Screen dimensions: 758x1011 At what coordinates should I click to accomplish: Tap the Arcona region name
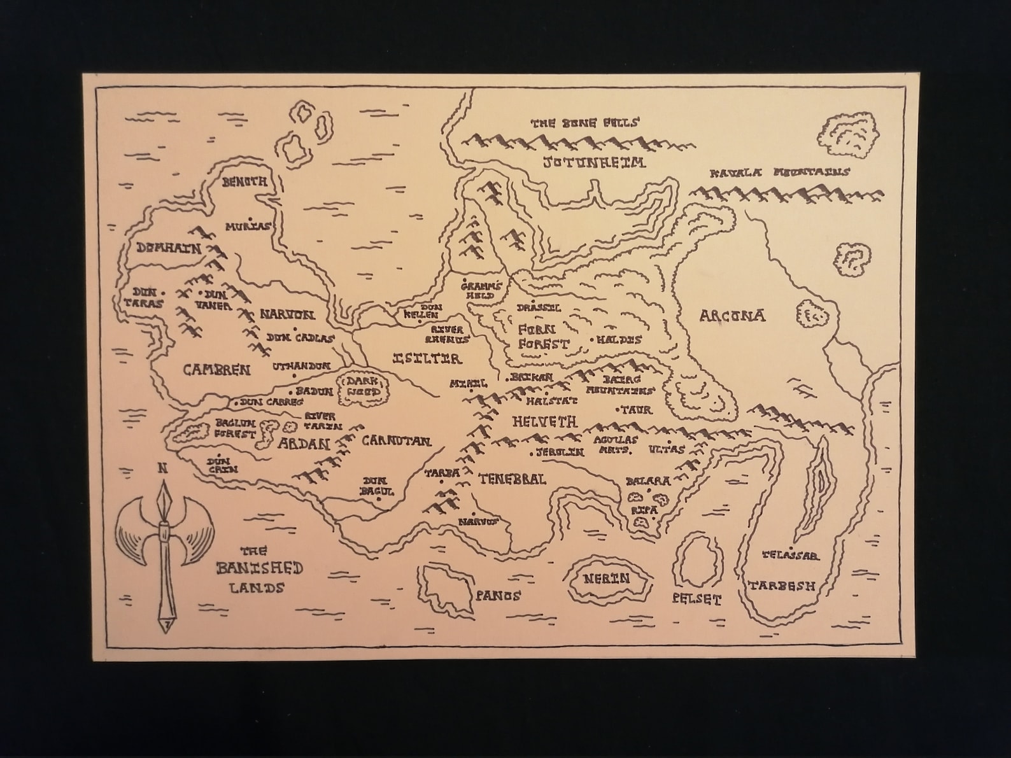[732, 316]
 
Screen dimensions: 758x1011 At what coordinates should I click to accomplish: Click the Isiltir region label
[427, 358]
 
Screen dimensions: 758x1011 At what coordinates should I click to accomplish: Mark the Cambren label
[216, 370]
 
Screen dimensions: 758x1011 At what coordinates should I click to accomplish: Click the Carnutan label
[396, 440]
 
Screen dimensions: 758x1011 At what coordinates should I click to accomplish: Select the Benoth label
[244, 182]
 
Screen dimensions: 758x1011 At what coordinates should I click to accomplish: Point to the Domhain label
[168, 248]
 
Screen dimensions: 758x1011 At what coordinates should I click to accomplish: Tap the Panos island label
[498, 596]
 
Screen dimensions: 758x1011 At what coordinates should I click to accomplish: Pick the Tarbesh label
[781, 586]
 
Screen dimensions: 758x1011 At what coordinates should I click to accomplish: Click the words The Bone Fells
[584, 123]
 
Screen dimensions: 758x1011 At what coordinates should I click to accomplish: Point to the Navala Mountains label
[779, 172]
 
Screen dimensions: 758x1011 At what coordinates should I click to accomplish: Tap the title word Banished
[259, 568]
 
